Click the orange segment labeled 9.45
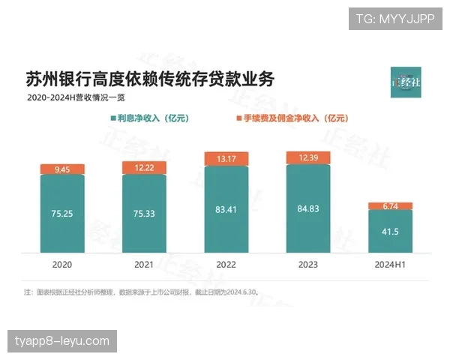click(62, 169)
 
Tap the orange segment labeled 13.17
click(226, 158)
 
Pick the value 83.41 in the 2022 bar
click(226, 208)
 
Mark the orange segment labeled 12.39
click(308, 157)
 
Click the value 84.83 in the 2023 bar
click(308, 208)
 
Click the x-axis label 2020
click(62, 265)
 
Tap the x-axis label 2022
click(226, 265)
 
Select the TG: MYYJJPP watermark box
click(394, 18)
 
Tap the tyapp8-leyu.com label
click(62, 341)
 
